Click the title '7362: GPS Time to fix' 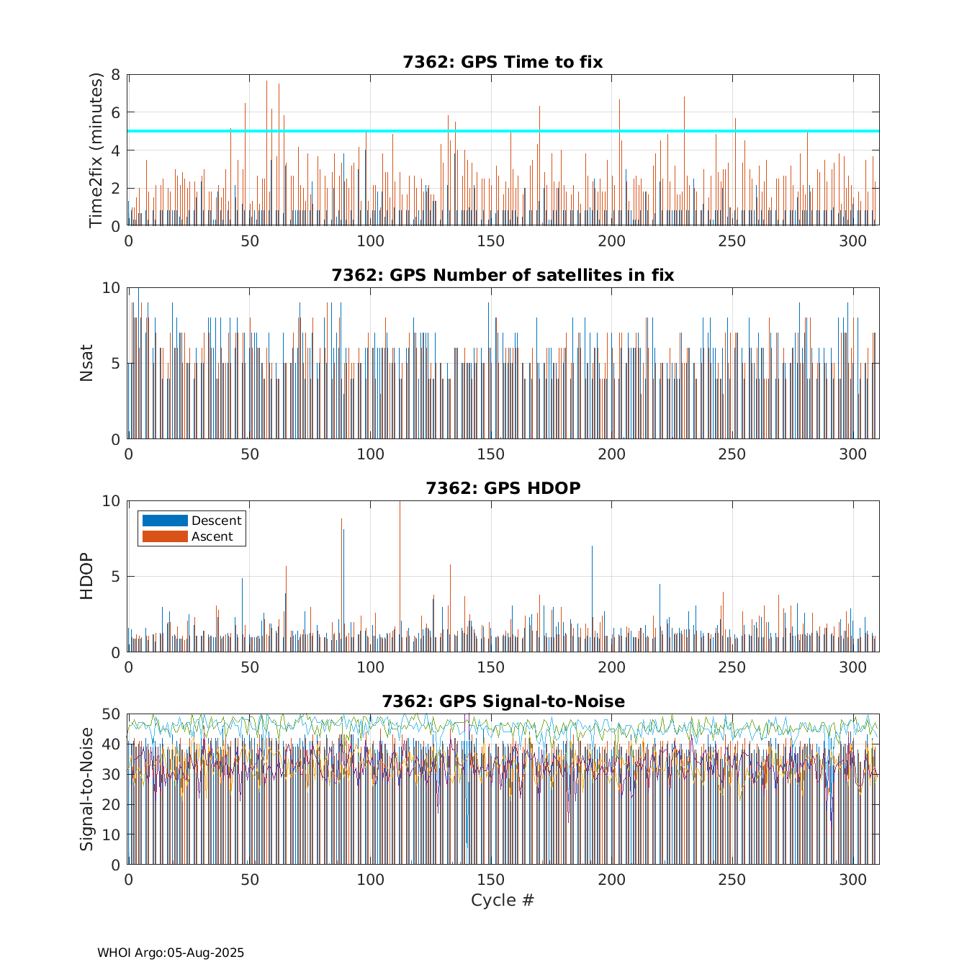tap(503, 62)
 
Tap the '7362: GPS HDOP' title tap(503, 488)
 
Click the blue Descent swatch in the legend tap(165, 521)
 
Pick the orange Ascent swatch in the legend tap(165, 536)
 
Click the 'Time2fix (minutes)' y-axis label tap(96, 150)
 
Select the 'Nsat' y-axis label tap(86, 363)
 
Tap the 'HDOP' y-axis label tap(86, 576)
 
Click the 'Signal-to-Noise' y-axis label tap(86, 789)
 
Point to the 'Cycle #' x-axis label tap(503, 900)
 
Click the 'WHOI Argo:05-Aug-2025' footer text tap(171, 953)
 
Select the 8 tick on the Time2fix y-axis tap(115, 75)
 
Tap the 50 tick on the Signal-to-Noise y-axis tap(111, 714)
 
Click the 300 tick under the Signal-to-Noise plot tap(853, 879)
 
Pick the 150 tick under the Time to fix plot tap(491, 240)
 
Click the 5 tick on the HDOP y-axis tap(115, 577)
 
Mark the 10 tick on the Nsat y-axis tap(111, 288)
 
